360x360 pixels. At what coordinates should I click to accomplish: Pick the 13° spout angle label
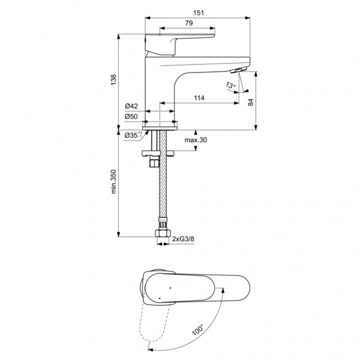231,86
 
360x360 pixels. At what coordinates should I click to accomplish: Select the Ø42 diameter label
131,106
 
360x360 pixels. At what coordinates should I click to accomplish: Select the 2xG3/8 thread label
184,239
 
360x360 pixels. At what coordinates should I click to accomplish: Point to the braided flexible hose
160,192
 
